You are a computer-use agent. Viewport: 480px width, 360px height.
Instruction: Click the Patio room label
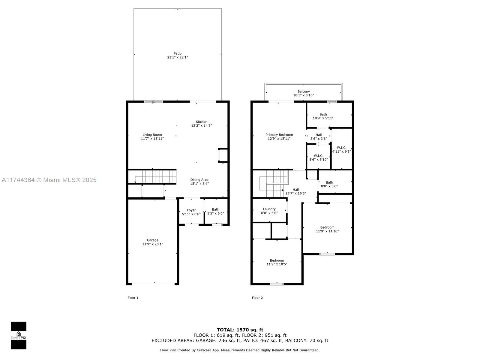tap(178, 54)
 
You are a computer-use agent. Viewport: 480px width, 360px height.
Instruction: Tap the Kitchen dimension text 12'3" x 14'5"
tap(202, 126)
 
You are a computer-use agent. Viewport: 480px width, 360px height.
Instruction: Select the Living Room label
tap(152, 135)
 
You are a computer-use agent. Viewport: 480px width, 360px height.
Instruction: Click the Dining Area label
tap(199, 180)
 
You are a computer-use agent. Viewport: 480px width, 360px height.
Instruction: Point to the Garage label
tap(152, 240)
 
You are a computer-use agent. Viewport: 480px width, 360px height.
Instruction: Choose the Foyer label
tap(191, 210)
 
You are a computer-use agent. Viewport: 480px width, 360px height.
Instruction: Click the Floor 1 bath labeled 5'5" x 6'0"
tap(215, 211)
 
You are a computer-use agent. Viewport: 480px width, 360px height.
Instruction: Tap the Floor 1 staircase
tap(156, 177)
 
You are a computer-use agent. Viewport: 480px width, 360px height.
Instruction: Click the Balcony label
tap(304, 91)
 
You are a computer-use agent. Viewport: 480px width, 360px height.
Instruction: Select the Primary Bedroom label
tap(279, 135)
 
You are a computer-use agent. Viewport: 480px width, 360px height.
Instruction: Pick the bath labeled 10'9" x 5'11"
tap(323, 116)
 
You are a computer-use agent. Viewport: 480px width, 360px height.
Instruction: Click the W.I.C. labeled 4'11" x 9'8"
tap(341, 149)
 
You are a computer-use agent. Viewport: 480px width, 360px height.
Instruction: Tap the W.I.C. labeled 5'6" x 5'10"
tap(319, 157)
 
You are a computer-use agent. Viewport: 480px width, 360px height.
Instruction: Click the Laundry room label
tap(269, 209)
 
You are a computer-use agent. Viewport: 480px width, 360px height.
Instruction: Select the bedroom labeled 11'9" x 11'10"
tap(327, 229)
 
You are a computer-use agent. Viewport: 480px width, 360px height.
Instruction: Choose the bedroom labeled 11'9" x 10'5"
tap(277, 262)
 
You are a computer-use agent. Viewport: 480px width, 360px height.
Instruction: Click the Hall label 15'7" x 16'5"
tap(295, 191)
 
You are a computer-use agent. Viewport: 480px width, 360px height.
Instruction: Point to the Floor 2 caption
tap(257, 298)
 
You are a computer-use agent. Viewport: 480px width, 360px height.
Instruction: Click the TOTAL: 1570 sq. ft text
tap(240, 330)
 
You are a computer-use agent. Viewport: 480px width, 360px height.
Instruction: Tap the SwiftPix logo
tap(19, 335)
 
